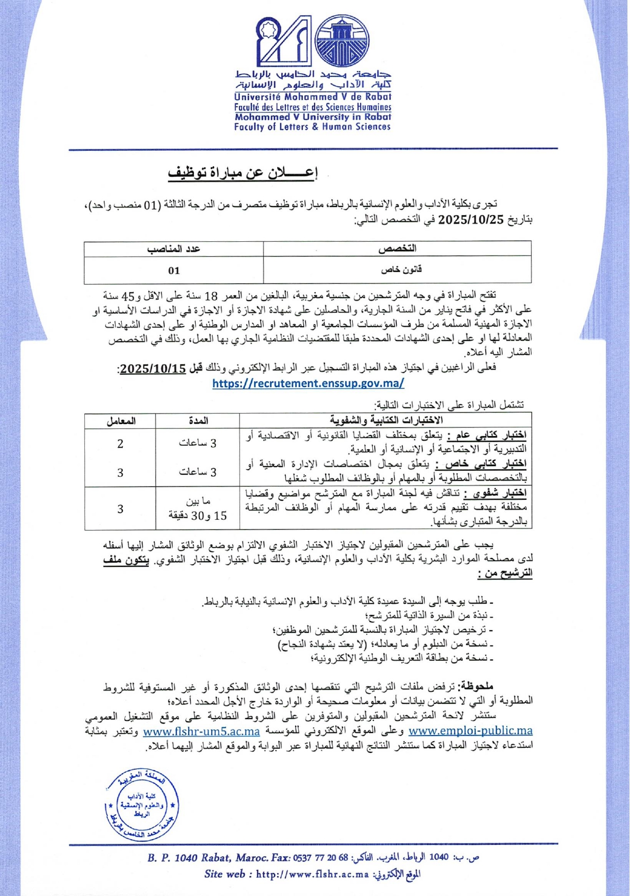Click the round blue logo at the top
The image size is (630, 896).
pos(342,41)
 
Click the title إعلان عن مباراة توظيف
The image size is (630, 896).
pos(243,173)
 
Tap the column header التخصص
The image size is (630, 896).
pos(397,249)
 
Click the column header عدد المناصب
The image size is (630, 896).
pos(174,249)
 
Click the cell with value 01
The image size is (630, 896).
pos(174,270)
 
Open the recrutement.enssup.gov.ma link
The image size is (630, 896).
pos(308,383)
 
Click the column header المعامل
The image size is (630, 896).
pos(121,421)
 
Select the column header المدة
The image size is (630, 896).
pos(198,421)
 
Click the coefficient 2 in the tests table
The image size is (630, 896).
pos(120,444)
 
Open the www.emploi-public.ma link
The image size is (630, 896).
pos(470,731)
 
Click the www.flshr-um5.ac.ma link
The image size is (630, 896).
pos(201,731)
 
